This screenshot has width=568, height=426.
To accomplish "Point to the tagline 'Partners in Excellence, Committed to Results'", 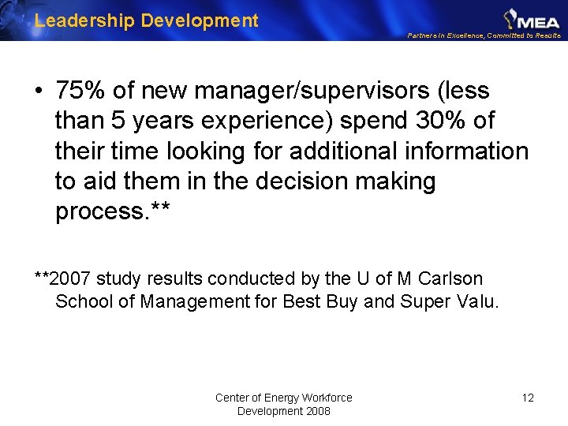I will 484,35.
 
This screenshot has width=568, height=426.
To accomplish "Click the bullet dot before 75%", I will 39,92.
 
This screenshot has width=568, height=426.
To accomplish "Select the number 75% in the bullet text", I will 82,92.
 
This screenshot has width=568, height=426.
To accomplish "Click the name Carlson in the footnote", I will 452,278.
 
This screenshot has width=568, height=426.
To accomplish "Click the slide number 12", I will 528,398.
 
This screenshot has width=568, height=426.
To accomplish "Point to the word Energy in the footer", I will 282,398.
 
